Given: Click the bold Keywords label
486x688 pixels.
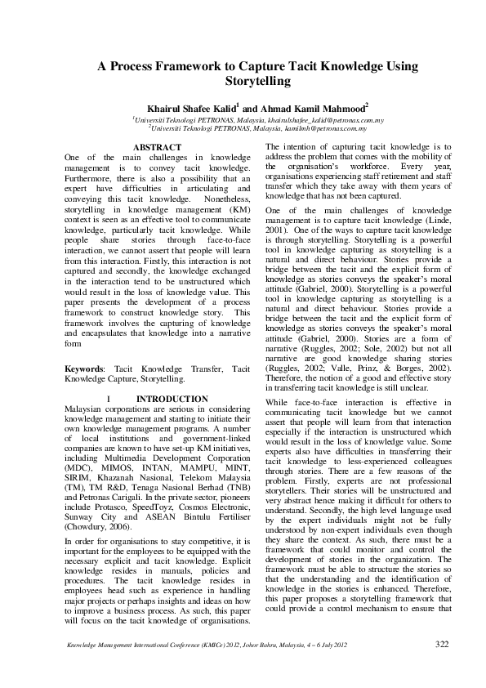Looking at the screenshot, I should tap(85, 370).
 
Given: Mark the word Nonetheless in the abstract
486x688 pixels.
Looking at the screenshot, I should tap(228, 199).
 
